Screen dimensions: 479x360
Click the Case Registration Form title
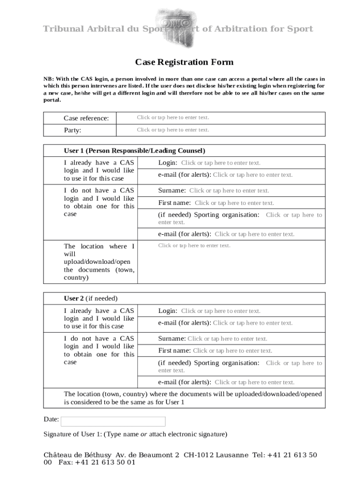(184, 62)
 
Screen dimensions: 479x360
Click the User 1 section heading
(135, 151)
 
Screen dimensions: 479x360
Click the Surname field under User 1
(229, 191)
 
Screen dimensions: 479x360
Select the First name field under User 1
(234, 203)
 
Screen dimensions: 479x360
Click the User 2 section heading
(91, 298)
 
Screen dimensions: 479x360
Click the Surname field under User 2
(227, 339)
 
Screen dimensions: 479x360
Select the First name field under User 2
(232, 351)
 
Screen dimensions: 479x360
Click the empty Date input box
(113, 421)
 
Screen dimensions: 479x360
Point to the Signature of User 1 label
(135, 435)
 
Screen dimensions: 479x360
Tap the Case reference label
(86, 118)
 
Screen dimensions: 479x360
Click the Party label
(72, 131)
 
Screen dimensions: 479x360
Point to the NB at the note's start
(48, 79)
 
